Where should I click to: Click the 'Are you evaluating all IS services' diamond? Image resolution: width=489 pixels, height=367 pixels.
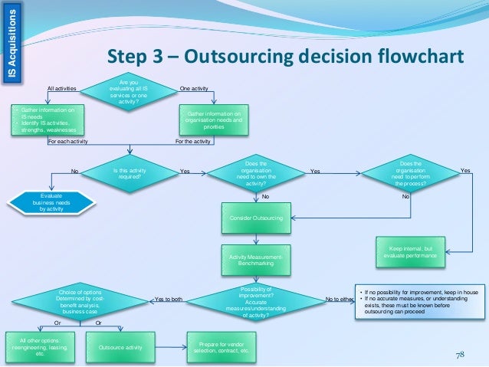[x=133, y=93]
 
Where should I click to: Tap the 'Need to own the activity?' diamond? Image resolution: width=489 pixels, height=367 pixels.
[x=255, y=174]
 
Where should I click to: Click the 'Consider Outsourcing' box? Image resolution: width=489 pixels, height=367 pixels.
[x=256, y=218]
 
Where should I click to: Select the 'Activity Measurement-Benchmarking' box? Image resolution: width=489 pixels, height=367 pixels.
[x=255, y=261]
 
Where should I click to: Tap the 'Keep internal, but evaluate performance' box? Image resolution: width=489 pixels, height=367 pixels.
[x=412, y=254]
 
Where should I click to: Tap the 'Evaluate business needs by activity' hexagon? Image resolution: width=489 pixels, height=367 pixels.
[x=51, y=202]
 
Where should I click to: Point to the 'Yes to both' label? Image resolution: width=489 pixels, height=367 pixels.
[x=169, y=299]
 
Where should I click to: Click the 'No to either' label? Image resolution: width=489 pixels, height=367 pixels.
[x=340, y=299]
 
